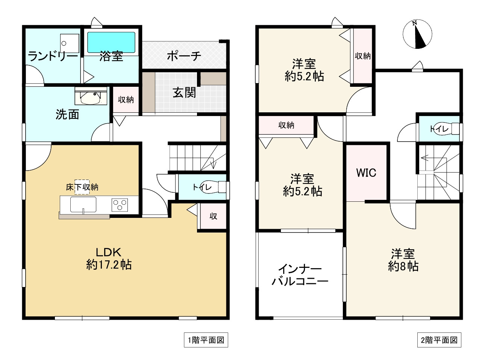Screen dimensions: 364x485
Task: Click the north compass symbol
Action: (x=417, y=34)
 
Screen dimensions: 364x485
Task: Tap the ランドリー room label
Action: (x=53, y=56)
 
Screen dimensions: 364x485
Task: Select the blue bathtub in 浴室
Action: (x=111, y=42)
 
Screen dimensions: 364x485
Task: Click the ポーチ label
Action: (x=184, y=56)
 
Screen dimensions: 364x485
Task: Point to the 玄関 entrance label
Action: (x=184, y=92)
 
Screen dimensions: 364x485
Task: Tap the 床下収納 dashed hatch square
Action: (x=82, y=187)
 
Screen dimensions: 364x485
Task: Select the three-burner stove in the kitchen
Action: (x=120, y=205)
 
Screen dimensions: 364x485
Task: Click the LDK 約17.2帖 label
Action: (x=109, y=258)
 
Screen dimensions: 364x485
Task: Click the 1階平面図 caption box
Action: (x=206, y=340)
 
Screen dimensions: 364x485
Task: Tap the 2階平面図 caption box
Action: (x=439, y=340)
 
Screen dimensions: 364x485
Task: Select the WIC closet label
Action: (x=366, y=173)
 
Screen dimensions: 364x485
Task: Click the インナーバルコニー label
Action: (x=300, y=275)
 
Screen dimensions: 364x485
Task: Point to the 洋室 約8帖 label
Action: (x=403, y=260)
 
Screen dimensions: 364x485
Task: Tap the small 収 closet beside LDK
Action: (x=213, y=216)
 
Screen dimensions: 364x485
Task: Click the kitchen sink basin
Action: (x=83, y=205)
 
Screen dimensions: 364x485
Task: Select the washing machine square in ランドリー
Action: (x=70, y=43)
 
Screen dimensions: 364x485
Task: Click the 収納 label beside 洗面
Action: (x=126, y=100)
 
